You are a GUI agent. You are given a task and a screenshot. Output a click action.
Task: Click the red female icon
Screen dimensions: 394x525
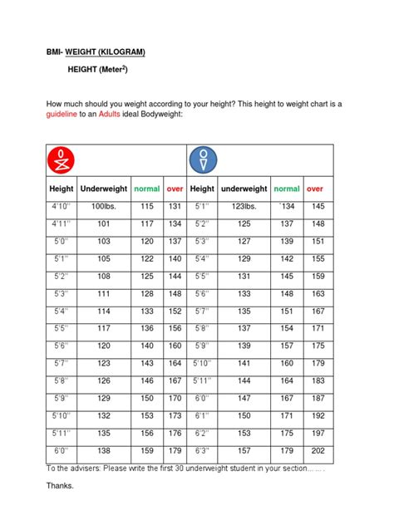click(x=61, y=158)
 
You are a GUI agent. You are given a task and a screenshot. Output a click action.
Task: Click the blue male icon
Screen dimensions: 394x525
click(x=203, y=158)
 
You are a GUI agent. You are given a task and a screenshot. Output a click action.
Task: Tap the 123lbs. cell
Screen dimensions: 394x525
click(x=244, y=206)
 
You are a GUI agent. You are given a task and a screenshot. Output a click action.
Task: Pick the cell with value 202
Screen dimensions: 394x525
click(x=316, y=450)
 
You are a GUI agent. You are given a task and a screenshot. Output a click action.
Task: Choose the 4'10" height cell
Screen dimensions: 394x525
click(x=61, y=206)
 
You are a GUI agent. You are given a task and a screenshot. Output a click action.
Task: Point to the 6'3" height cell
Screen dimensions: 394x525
click(x=202, y=450)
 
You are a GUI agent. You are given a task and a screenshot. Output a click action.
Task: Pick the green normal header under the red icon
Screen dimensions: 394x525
click(x=147, y=189)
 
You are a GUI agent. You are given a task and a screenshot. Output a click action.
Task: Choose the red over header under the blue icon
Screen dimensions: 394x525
click(x=316, y=189)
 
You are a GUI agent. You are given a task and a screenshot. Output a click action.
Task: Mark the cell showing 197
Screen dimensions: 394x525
click(x=316, y=433)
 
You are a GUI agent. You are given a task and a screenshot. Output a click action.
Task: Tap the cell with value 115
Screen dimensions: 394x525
click(x=147, y=206)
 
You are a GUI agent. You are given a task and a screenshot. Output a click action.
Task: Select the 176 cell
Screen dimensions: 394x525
click(x=175, y=433)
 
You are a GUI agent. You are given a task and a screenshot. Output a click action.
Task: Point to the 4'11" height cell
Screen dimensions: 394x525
click(x=61, y=223)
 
